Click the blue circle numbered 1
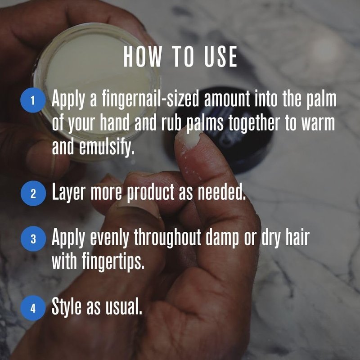coord(33,100)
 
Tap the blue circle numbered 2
coord(33,193)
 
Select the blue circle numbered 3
coord(33,239)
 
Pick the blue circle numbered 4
coord(33,308)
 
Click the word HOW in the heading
coord(142,57)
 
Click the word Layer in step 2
coord(69,193)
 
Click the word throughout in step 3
coord(167,238)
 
